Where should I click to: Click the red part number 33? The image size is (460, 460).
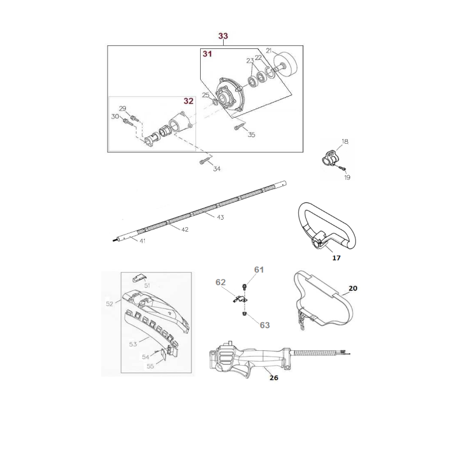[223, 36]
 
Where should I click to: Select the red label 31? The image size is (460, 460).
[206, 53]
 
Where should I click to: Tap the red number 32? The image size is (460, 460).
[189, 101]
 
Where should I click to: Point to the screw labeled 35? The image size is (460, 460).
[237, 128]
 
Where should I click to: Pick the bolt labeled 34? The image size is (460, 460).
[204, 162]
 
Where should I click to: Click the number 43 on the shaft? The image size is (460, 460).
[220, 217]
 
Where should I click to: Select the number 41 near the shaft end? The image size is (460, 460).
[142, 241]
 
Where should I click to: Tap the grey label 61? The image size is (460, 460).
[259, 270]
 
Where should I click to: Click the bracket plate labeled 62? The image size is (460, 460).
[239, 298]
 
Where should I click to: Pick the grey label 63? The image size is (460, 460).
[264, 325]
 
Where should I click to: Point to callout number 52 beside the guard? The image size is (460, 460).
[109, 304]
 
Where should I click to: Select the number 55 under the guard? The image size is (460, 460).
[150, 366]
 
